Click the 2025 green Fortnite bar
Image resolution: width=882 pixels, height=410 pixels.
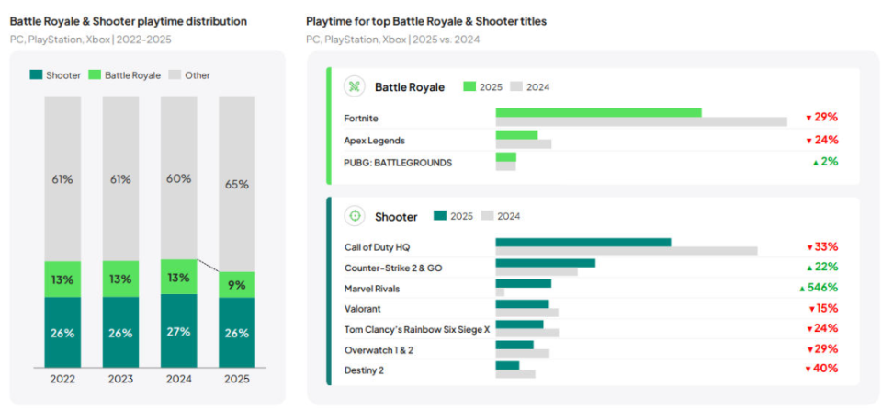[x=598, y=113]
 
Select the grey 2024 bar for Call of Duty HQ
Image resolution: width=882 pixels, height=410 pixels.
[x=626, y=251]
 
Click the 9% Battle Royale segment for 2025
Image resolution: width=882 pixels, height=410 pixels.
[x=237, y=285]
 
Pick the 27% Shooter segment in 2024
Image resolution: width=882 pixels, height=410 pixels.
[x=179, y=332]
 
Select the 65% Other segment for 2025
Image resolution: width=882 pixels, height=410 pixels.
[x=237, y=184]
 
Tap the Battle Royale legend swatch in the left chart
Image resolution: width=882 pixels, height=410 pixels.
[x=95, y=75]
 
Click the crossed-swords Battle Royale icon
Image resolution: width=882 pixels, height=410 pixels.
[x=354, y=87]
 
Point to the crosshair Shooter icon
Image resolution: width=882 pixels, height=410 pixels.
[x=354, y=216]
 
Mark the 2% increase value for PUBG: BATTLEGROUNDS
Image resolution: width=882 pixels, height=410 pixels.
[x=824, y=162]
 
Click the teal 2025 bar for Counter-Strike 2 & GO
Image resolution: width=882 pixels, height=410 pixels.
[x=545, y=263]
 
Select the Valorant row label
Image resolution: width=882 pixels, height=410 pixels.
[x=362, y=309]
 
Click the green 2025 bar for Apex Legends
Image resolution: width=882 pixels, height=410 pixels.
[x=516, y=135]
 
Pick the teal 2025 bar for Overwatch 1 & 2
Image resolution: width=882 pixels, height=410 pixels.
[x=514, y=345]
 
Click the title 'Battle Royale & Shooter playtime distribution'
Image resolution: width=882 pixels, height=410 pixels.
[x=128, y=20]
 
